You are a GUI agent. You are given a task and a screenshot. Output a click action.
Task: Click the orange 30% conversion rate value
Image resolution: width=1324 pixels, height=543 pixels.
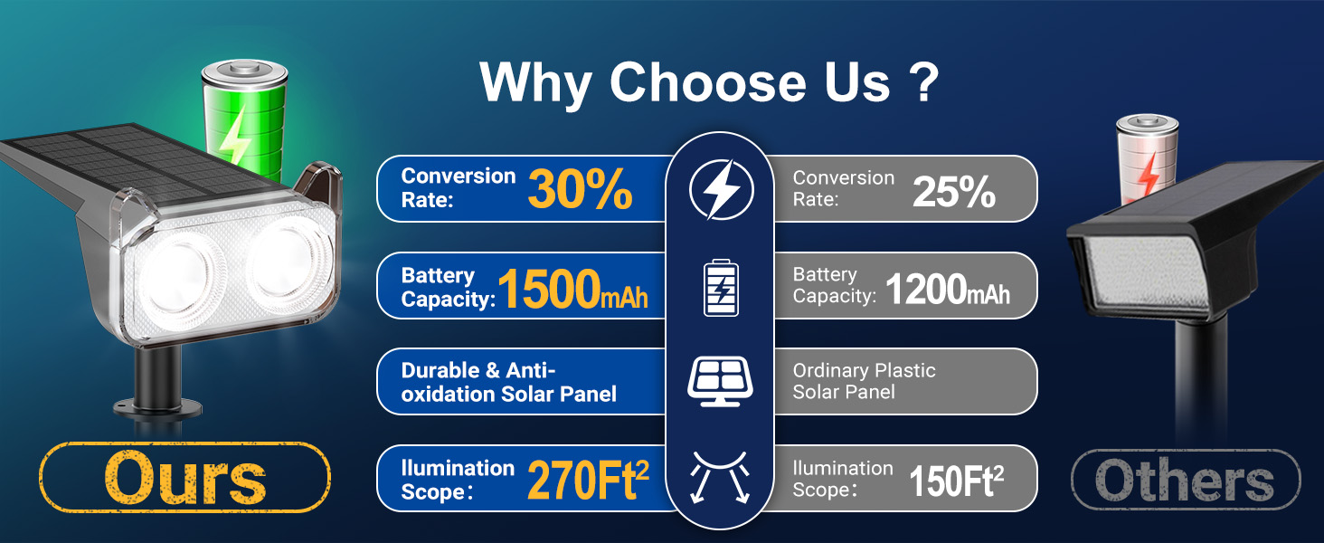tap(580, 189)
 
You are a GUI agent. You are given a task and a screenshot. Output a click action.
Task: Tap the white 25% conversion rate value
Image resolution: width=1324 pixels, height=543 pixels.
tap(954, 192)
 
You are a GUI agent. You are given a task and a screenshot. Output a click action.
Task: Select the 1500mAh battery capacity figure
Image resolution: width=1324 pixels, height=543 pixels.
tap(572, 289)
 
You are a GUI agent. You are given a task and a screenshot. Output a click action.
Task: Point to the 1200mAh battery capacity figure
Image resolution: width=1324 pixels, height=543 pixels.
tap(948, 290)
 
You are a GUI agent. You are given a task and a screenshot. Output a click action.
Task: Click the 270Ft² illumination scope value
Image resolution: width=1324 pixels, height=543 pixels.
tap(588, 479)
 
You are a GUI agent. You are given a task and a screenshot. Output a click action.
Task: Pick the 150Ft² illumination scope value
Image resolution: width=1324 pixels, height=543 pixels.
tap(956, 481)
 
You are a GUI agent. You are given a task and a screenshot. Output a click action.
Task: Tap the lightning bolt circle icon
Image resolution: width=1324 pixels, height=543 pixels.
tap(721, 189)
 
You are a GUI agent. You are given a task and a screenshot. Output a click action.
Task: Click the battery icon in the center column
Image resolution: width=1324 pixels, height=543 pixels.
tap(721, 288)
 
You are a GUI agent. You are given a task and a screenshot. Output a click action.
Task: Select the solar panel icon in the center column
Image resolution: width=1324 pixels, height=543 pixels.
tap(720, 381)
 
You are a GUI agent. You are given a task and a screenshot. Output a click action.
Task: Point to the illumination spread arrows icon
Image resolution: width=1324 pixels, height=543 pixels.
tap(720, 477)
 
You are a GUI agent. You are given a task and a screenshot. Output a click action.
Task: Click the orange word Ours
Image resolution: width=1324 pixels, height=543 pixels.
tap(185, 478)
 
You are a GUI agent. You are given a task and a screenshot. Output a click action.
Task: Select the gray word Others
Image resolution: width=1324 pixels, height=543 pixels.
tap(1185, 480)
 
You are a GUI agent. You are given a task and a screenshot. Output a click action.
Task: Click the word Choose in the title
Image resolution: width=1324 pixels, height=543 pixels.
tap(707, 82)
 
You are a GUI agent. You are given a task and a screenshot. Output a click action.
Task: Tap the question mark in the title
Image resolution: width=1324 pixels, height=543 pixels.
tap(922, 81)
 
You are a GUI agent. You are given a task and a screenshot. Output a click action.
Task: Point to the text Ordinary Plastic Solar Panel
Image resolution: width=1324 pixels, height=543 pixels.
tap(865, 381)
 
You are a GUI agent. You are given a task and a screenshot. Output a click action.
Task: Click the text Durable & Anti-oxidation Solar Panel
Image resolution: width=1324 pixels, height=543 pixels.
tap(508, 382)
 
